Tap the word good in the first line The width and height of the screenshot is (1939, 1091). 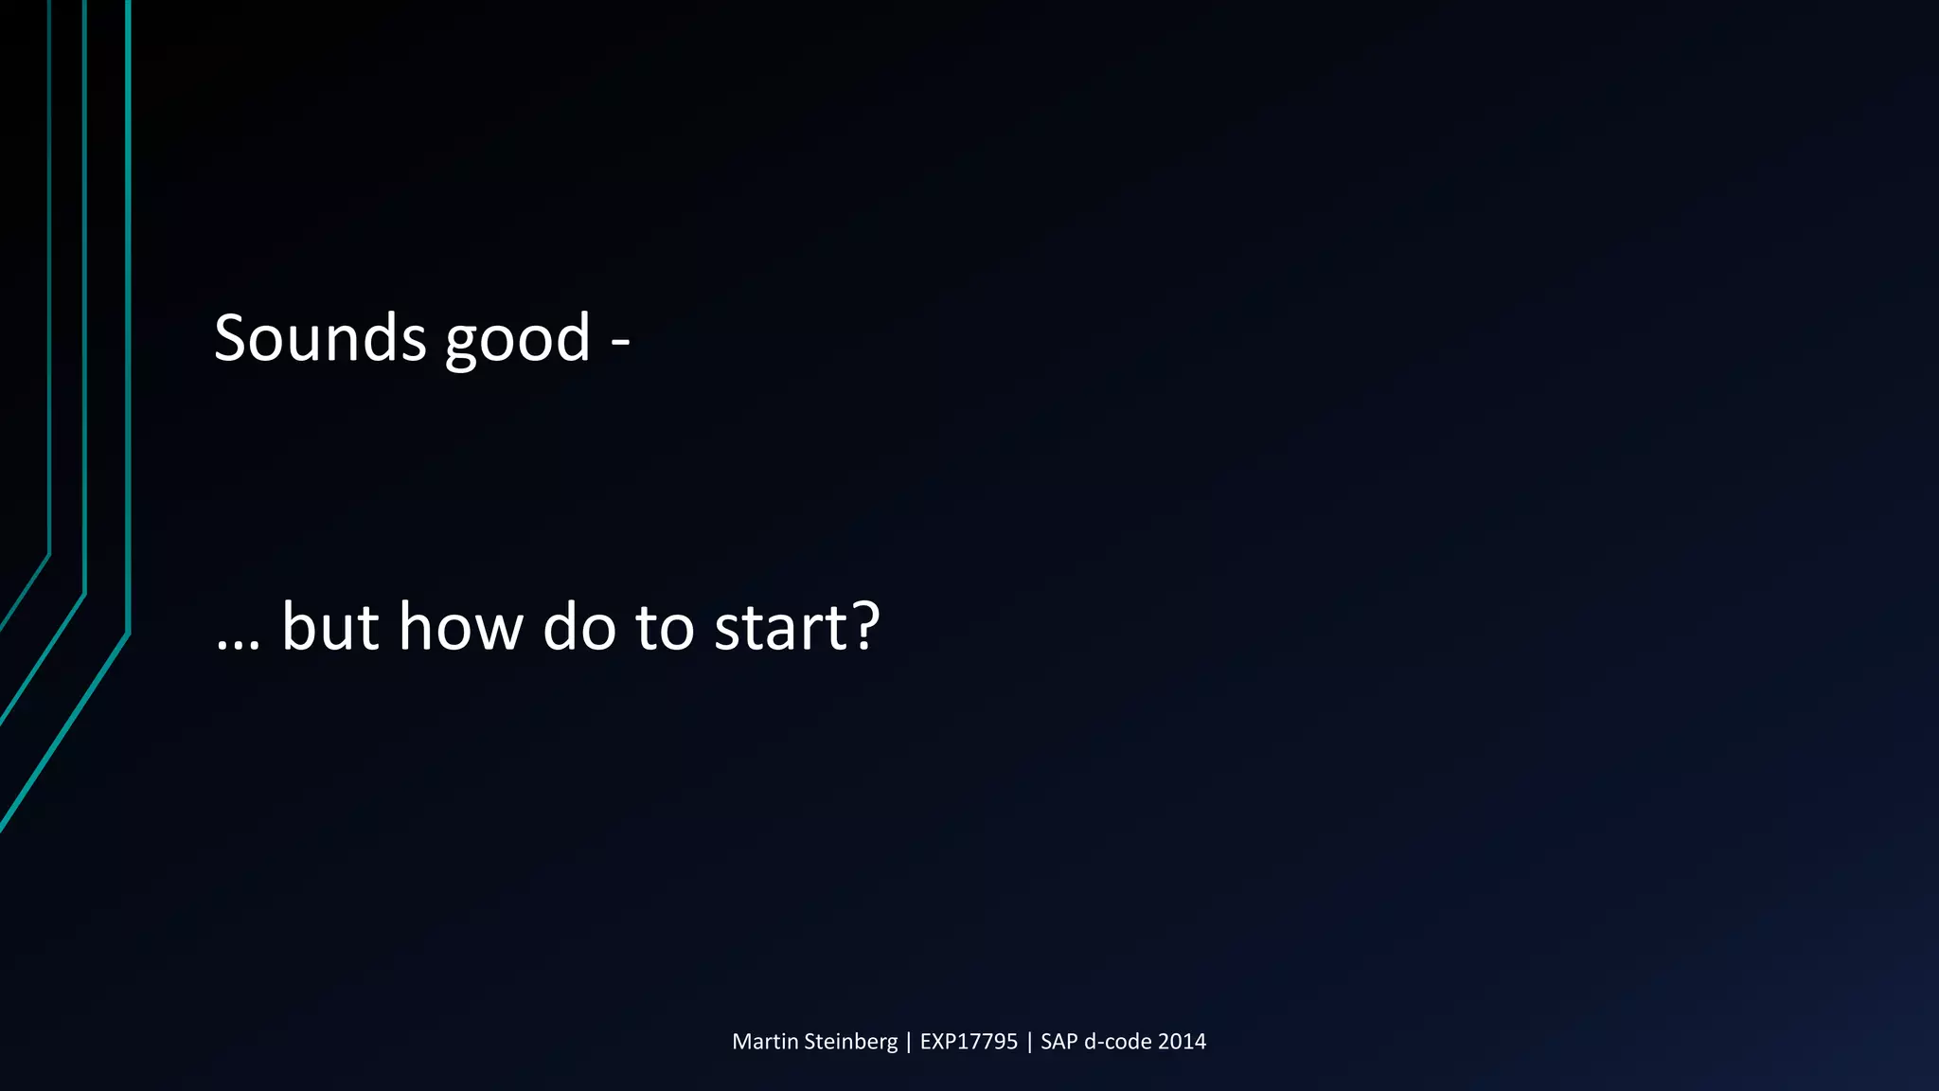click(x=518, y=341)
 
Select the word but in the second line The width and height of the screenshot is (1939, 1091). click(x=329, y=627)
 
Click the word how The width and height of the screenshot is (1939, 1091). click(x=460, y=627)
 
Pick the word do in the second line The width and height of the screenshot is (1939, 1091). click(x=579, y=627)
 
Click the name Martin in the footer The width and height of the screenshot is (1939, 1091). click(x=765, y=1042)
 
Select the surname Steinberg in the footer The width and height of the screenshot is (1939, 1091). click(x=850, y=1043)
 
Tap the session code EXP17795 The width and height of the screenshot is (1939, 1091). click(x=969, y=1042)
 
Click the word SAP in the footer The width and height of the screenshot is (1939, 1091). click(x=1059, y=1042)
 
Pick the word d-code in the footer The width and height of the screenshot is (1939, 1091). click(x=1117, y=1042)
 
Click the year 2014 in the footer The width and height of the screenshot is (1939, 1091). click(x=1182, y=1042)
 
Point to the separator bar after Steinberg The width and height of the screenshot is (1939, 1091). click(x=909, y=1043)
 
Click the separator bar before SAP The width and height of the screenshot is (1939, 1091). click(x=1029, y=1043)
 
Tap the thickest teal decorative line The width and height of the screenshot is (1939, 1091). click(x=128, y=379)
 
